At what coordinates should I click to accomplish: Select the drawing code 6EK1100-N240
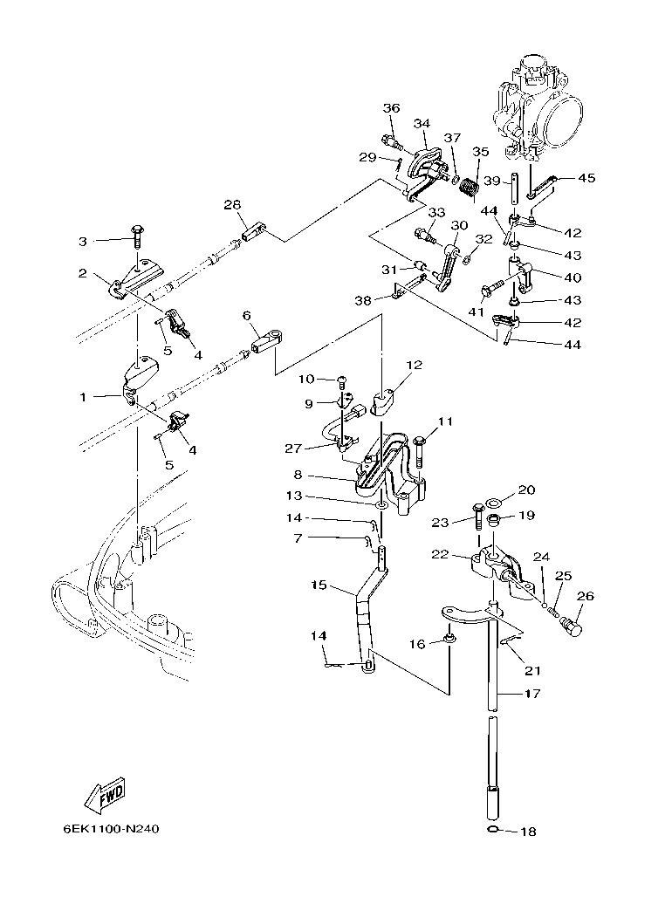(111, 829)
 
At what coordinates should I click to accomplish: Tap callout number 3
(84, 240)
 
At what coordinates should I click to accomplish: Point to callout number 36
(391, 108)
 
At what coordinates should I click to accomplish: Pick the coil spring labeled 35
(469, 186)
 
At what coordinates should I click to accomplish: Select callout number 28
(231, 204)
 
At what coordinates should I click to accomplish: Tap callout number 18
(529, 832)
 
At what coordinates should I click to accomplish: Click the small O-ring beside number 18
(493, 829)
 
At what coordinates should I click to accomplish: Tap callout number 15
(319, 586)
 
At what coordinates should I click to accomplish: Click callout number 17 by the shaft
(531, 695)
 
